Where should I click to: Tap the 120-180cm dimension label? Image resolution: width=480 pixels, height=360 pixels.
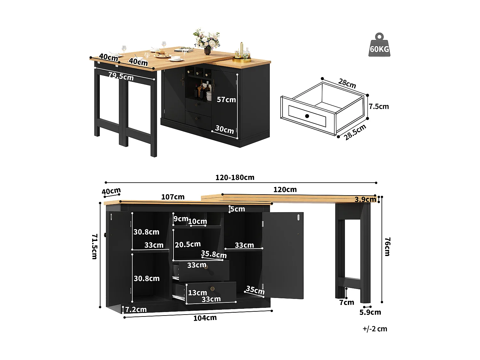pyautogui.click(x=235, y=178)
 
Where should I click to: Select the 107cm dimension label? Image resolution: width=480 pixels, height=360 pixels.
pyautogui.click(x=173, y=197)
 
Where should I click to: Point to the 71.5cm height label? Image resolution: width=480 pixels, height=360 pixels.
pyautogui.click(x=94, y=246)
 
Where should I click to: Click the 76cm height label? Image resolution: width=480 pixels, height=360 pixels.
pyautogui.click(x=387, y=246)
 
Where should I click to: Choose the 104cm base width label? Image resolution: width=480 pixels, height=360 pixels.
pyautogui.click(x=205, y=318)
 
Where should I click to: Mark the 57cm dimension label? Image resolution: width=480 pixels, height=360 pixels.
pyautogui.click(x=226, y=100)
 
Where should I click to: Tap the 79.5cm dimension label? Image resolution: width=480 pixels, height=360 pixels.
pyautogui.click(x=121, y=76)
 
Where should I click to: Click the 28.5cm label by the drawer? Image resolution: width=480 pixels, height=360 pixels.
pyautogui.click(x=355, y=132)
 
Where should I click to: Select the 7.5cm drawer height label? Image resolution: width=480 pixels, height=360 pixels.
pyautogui.click(x=379, y=107)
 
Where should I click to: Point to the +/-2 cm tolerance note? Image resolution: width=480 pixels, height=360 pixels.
pyautogui.click(x=375, y=329)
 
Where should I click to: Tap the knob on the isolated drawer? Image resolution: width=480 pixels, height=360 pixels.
pyautogui.click(x=307, y=116)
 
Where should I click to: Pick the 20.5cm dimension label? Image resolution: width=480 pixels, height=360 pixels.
pyautogui.click(x=188, y=244)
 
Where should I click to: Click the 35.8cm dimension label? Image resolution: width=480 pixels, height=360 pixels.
pyautogui.click(x=214, y=254)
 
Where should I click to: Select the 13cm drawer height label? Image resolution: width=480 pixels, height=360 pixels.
pyautogui.click(x=197, y=293)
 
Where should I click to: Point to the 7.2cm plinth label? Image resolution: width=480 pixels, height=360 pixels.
pyautogui.click(x=136, y=309)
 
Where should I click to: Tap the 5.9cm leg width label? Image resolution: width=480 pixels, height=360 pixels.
pyautogui.click(x=370, y=312)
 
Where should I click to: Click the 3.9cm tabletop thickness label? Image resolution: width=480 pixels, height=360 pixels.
pyautogui.click(x=365, y=200)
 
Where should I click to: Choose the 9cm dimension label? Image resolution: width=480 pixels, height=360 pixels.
pyautogui.click(x=181, y=219)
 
